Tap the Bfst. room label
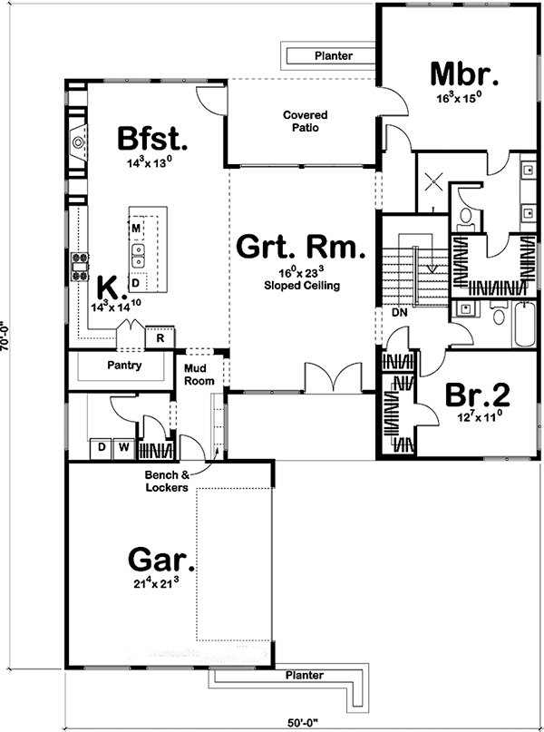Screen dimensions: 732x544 (152, 141)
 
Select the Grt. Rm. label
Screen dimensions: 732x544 (301, 247)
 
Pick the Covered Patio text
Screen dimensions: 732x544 (305, 122)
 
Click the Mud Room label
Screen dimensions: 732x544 (199, 375)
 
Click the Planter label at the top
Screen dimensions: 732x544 (333, 56)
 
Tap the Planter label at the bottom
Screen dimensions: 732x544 (305, 676)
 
